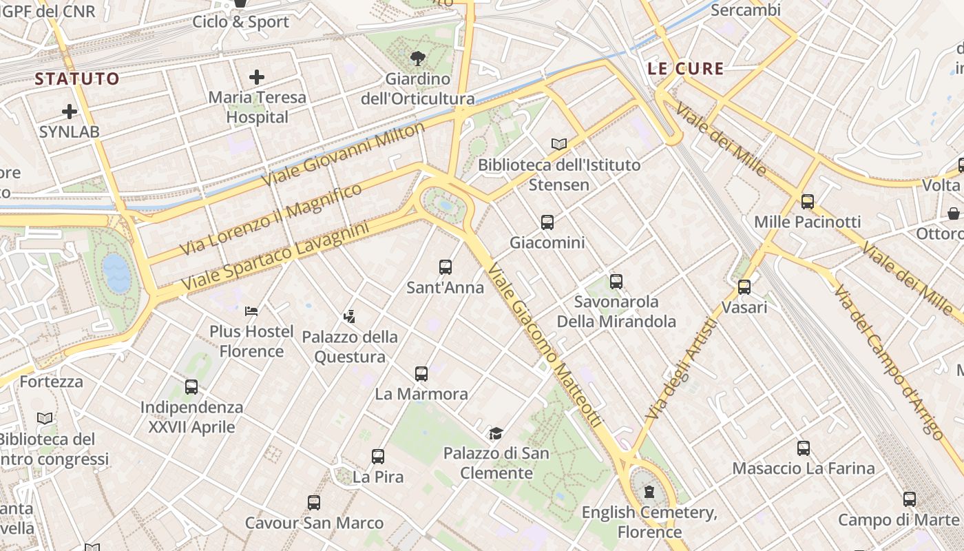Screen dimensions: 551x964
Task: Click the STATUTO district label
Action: pyautogui.click(x=77, y=79)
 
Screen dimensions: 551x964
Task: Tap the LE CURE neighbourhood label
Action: pyautogui.click(x=686, y=68)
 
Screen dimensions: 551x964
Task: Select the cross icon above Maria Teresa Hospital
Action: pyautogui.click(x=257, y=76)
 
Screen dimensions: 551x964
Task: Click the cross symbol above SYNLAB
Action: pyautogui.click(x=70, y=111)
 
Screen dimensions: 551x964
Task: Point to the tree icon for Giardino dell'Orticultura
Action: pyautogui.click(x=417, y=58)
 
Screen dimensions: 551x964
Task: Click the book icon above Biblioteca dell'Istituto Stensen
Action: pyautogui.click(x=559, y=144)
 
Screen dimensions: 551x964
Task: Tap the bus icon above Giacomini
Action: pyautogui.click(x=547, y=222)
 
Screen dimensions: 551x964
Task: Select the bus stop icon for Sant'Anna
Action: pyautogui.click(x=446, y=267)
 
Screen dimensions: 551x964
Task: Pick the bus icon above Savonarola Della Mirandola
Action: pyautogui.click(x=616, y=281)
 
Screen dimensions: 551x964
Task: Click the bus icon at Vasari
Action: pyautogui.click(x=744, y=287)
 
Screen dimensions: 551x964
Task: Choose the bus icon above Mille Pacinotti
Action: pyautogui.click(x=808, y=201)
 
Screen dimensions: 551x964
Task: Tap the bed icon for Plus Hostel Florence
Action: pyautogui.click(x=251, y=311)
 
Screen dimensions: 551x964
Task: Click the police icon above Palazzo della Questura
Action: pyautogui.click(x=350, y=316)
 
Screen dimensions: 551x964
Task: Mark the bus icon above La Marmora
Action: pyautogui.click(x=421, y=373)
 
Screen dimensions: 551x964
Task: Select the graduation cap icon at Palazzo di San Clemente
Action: pyautogui.click(x=496, y=433)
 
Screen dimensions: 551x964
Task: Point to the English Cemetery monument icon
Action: pyautogui.click(x=649, y=491)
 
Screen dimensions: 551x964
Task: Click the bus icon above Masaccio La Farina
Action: pyautogui.click(x=804, y=448)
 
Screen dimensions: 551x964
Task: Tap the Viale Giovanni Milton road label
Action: pyautogui.click(x=344, y=155)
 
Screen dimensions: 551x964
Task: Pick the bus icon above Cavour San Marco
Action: pyautogui.click(x=314, y=502)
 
